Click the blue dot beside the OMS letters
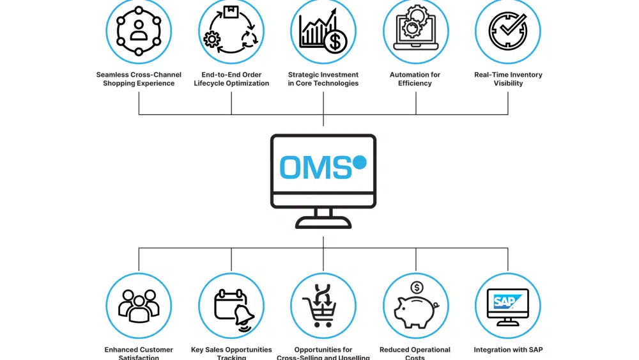pyautogui.click(x=360, y=162)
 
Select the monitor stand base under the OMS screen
pyautogui.click(x=323, y=223)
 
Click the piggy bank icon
pyautogui.click(x=414, y=312)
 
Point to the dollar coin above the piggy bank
pyautogui.click(x=417, y=288)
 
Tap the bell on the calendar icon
pyautogui.click(x=245, y=317)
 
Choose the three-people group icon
pyautogui.click(x=139, y=306)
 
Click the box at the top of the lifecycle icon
pyautogui.click(x=231, y=12)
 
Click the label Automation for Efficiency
pyautogui.click(x=415, y=79)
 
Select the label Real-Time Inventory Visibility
pyautogui.click(x=508, y=79)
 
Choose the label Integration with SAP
pyautogui.click(x=508, y=350)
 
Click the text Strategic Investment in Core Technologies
pyautogui.click(x=323, y=79)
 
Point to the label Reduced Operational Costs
pyautogui.click(x=415, y=353)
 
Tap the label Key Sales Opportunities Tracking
pyautogui.click(x=231, y=353)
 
